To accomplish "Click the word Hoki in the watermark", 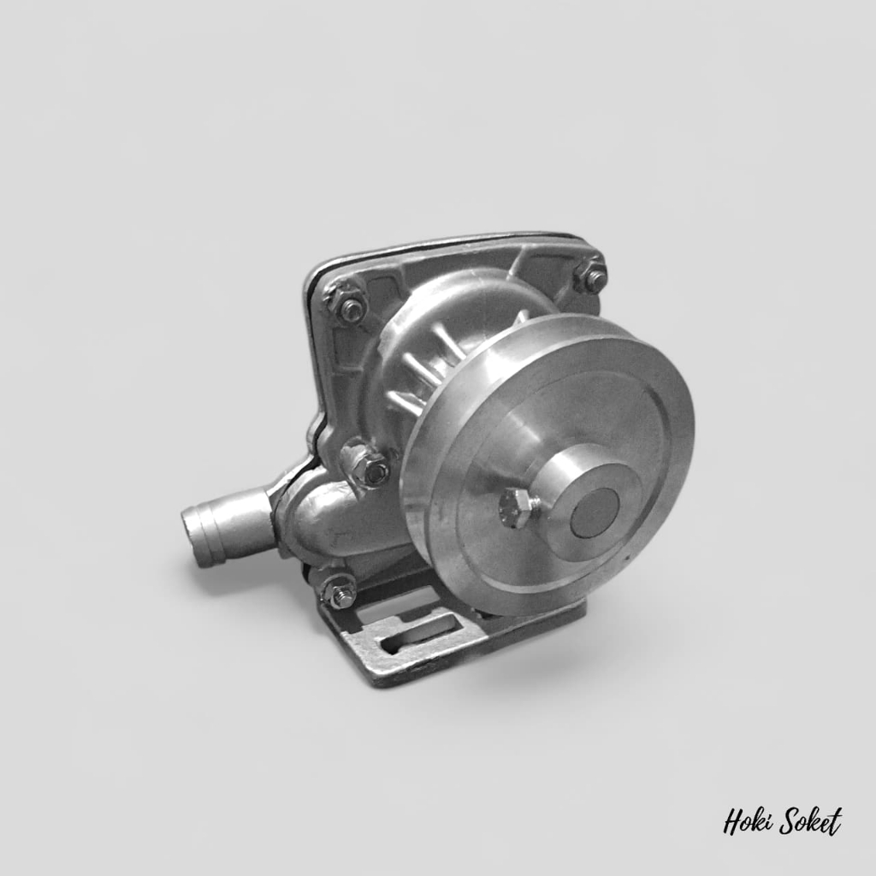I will tap(748, 823).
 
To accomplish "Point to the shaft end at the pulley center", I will tap(594, 512).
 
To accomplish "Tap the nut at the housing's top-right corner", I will tap(590, 275).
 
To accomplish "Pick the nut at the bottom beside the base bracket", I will tap(339, 589).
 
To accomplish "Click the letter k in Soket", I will tap(813, 822).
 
